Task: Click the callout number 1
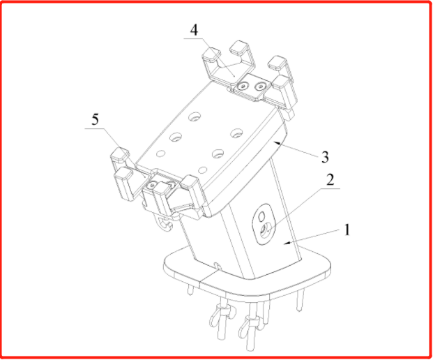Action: coord(347,230)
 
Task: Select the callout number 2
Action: coord(331,180)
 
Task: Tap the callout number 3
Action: coord(326,157)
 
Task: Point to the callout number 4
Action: coord(195,30)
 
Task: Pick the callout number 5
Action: coord(95,119)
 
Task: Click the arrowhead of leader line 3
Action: coord(277,143)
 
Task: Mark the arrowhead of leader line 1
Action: coord(287,243)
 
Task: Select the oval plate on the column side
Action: coord(264,225)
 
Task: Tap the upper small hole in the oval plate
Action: coord(261,216)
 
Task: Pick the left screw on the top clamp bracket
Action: coord(243,87)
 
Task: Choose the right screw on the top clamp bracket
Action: coord(259,87)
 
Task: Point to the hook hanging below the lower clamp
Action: coord(165,223)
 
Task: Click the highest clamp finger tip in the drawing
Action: coord(240,47)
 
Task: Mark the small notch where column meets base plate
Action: coord(218,267)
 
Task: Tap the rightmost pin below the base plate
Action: coord(300,301)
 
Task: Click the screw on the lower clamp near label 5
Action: coord(151,185)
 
